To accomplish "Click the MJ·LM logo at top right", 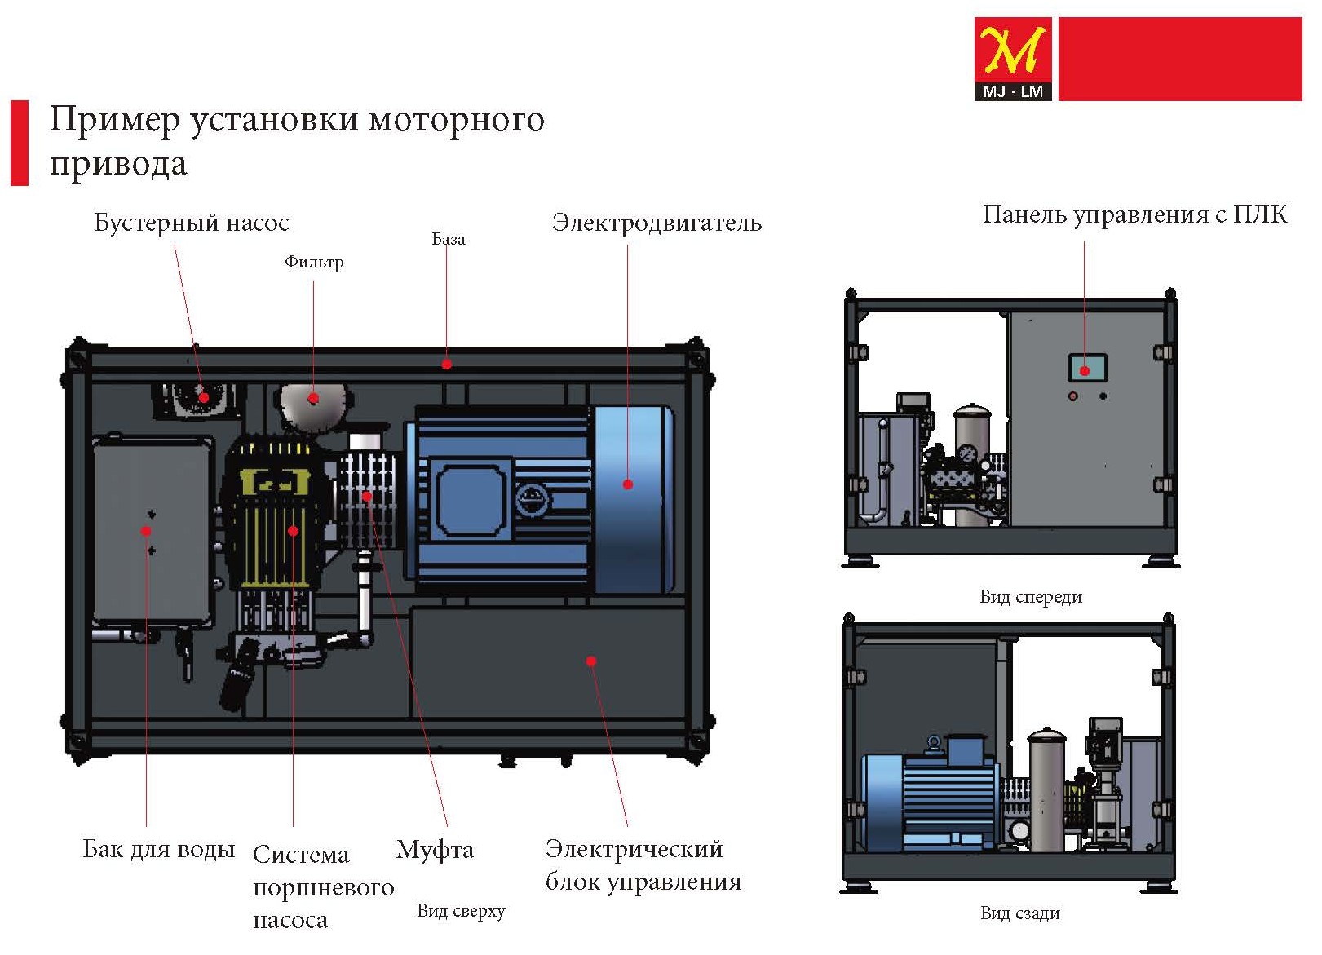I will pyautogui.click(x=1012, y=59).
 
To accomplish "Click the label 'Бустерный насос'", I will pyautogui.click(x=192, y=223).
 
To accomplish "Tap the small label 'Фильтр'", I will pyautogui.click(x=314, y=262).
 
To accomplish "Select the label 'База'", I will pyautogui.click(x=448, y=239).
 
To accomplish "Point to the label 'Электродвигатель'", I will pyautogui.click(x=657, y=223).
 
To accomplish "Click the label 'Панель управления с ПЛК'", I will pyautogui.click(x=1134, y=214).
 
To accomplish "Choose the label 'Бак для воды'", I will pyautogui.click(x=159, y=849).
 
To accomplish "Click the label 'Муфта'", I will pyautogui.click(x=435, y=850).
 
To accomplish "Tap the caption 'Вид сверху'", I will pyautogui.click(x=461, y=910).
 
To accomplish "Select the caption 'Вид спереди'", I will pyautogui.click(x=1031, y=596).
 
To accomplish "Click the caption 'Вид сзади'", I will pyautogui.click(x=1020, y=913).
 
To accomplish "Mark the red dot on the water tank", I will pyautogui.click(x=146, y=531).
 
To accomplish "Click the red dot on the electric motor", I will pyautogui.click(x=628, y=484).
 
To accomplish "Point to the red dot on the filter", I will pyautogui.click(x=313, y=399).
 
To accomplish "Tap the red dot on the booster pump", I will pyautogui.click(x=204, y=397).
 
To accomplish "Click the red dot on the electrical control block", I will pyautogui.click(x=591, y=661).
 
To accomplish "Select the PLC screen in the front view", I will pyautogui.click(x=1087, y=369).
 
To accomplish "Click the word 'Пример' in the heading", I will pyautogui.click(x=114, y=120).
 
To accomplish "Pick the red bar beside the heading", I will pyautogui.click(x=19, y=143).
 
